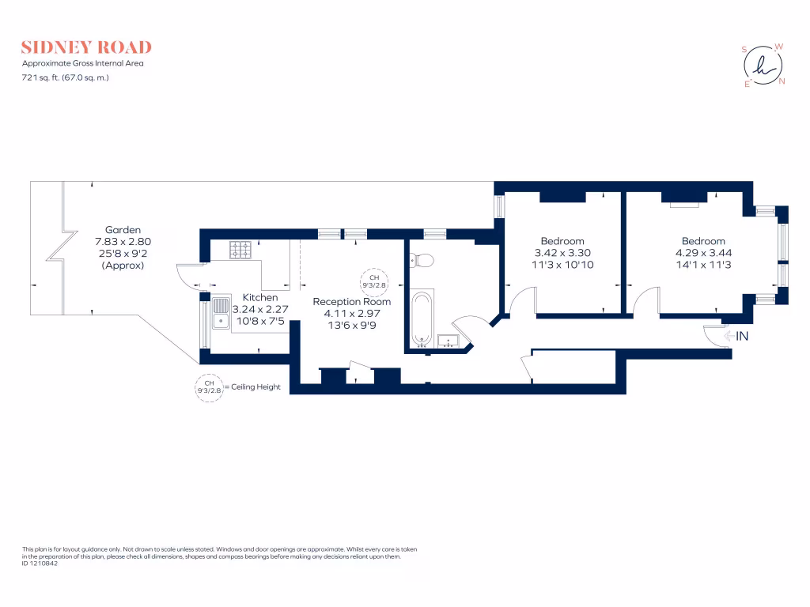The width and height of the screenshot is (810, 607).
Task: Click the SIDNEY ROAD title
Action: click(86, 47)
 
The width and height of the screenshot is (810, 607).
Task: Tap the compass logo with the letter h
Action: click(763, 66)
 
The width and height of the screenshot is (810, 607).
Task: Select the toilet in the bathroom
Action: click(421, 259)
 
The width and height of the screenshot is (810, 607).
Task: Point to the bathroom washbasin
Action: click(449, 341)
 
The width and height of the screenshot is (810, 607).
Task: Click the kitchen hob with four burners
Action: click(240, 250)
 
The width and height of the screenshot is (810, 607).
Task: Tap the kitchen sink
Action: click(220, 315)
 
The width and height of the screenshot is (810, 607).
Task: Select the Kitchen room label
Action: click(260, 297)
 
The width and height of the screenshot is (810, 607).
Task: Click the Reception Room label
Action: click(351, 301)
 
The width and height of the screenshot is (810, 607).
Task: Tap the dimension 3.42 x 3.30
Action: click(562, 253)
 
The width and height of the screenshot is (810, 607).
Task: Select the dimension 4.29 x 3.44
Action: click(703, 253)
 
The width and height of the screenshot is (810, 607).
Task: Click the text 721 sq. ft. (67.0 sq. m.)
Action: click(66, 77)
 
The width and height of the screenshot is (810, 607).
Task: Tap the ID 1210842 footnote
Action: click(40, 564)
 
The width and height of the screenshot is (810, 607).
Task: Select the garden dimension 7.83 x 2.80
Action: click(123, 241)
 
